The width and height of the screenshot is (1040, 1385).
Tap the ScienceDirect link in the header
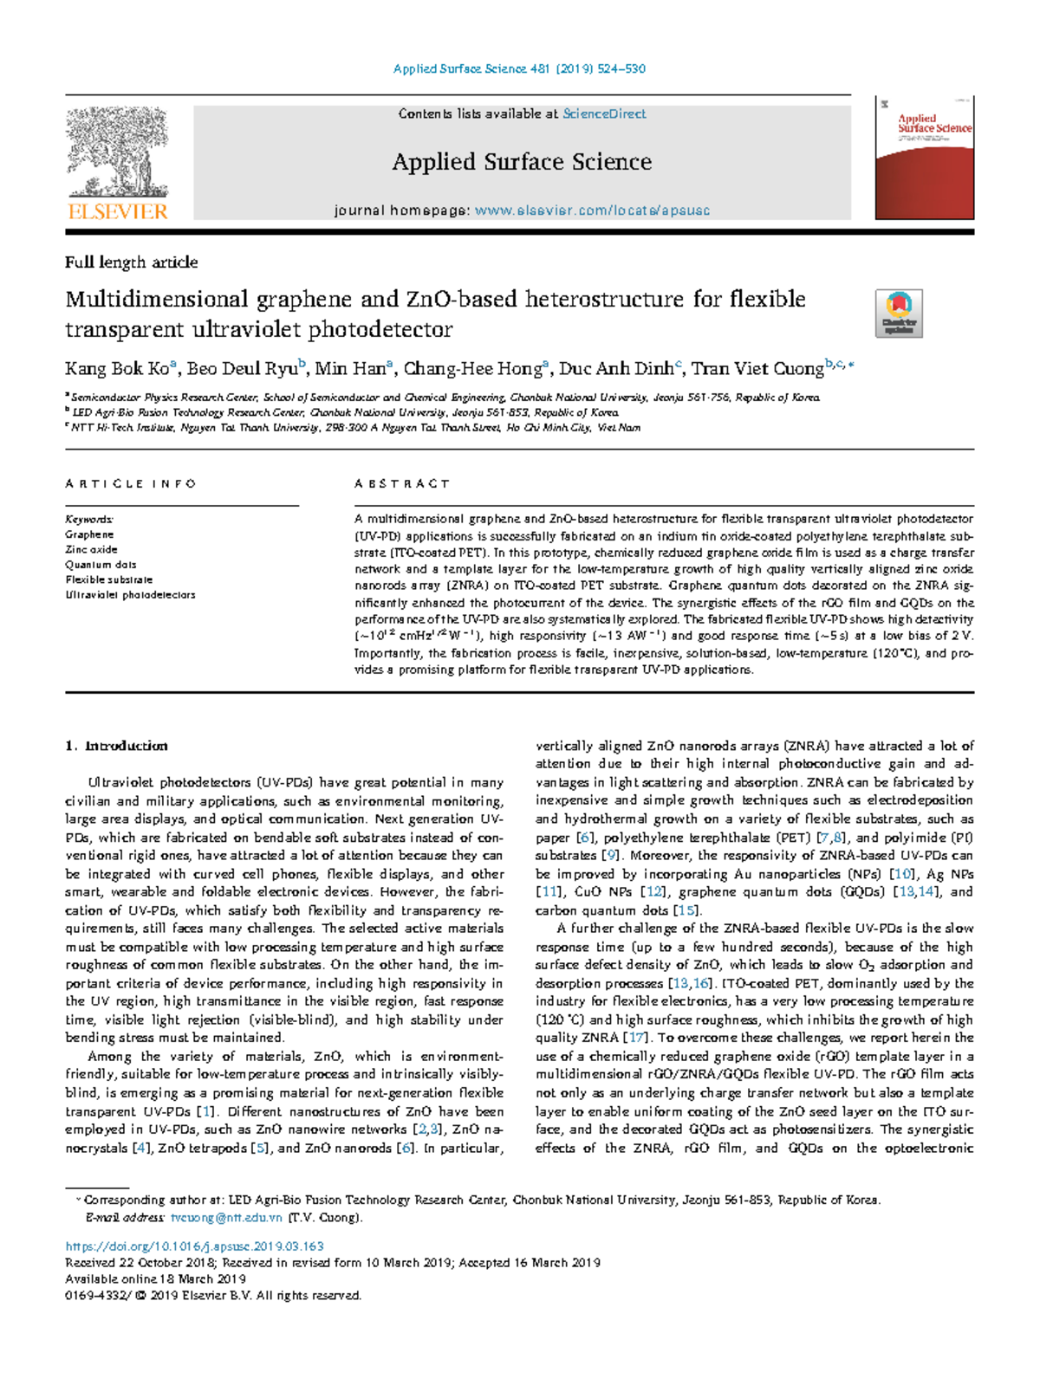pyautogui.click(x=604, y=113)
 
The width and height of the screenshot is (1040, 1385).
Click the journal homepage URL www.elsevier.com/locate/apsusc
pyautogui.click(x=593, y=210)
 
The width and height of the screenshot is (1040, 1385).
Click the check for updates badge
pyautogui.click(x=899, y=313)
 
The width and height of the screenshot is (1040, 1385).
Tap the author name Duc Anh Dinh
pyautogui.click(x=615, y=369)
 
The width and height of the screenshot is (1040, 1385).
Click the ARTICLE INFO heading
pyautogui.click(x=131, y=484)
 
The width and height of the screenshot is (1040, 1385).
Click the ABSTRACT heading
pyautogui.click(x=402, y=484)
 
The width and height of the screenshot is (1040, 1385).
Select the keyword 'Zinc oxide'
pyautogui.click(x=91, y=549)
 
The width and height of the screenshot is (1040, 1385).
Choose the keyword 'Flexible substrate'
pyautogui.click(x=109, y=579)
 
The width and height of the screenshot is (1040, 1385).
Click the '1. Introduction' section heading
pyautogui.click(x=117, y=746)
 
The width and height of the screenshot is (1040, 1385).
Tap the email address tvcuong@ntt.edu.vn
pyautogui.click(x=226, y=1217)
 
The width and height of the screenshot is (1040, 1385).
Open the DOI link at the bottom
pyautogui.click(x=195, y=1246)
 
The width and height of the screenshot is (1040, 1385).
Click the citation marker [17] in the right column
pyautogui.click(x=636, y=1038)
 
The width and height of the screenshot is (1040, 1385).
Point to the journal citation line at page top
pyautogui.click(x=519, y=69)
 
